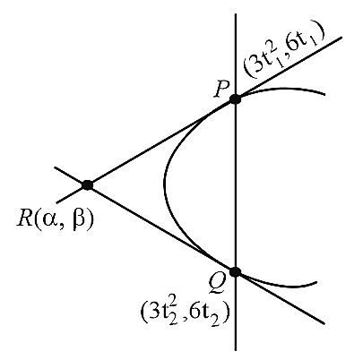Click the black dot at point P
tap(236, 99)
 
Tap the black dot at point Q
tap(236, 271)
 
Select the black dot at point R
tap(88, 185)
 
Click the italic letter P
tap(221, 90)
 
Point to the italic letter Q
tap(216, 283)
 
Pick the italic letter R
tap(24, 219)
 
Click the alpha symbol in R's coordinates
tap(48, 219)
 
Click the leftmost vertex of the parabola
tap(164, 183)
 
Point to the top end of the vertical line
tap(236, 14)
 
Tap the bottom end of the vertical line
tap(236, 350)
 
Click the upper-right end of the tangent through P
tap(341, 38)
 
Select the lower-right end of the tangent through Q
tap(324, 323)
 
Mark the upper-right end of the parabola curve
tap(324, 95)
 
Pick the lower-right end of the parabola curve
tap(316, 282)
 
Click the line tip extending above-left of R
tap(55, 167)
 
